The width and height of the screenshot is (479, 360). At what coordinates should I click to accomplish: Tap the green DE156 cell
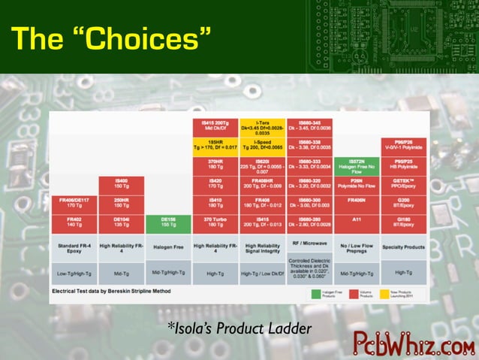pos(168,222)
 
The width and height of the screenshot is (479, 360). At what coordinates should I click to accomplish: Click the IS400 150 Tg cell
pos(121,184)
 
